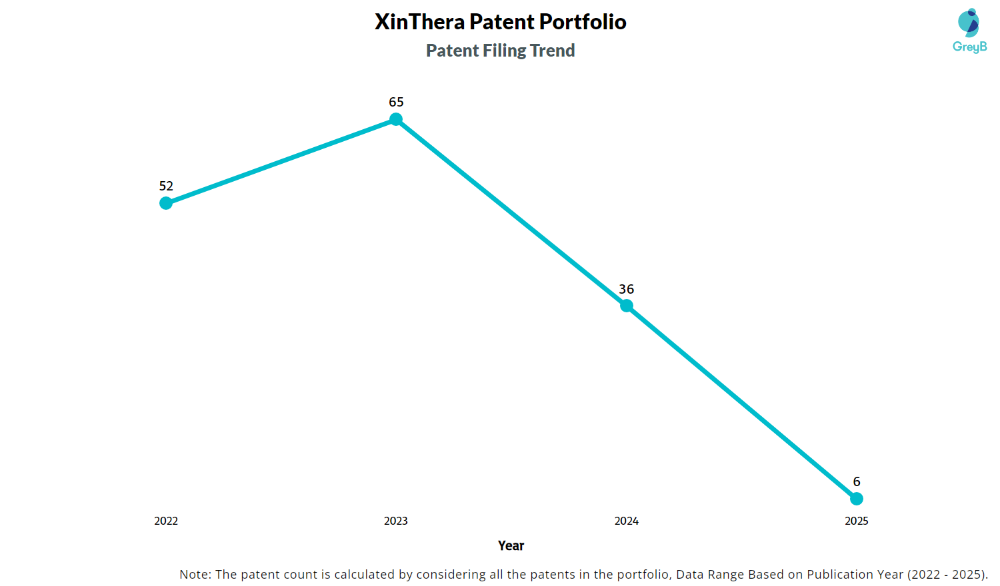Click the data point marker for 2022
[166, 203]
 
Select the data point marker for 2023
[396, 119]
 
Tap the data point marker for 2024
[627, 306]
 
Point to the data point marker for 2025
[857, 499]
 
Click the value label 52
[166, 186]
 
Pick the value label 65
[396, 102]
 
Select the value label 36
[627, 289]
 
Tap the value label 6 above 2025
[857, 481]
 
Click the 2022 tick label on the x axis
[166, 521]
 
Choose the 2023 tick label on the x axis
[396, 521]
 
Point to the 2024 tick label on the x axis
[627, 521]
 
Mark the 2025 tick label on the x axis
[857, 521]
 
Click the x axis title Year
[511, 546]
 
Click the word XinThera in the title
[419, 22]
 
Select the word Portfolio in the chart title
[583, 22]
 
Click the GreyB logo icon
[969, 23]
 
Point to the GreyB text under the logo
[970, 47]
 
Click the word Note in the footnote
[195, 574]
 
